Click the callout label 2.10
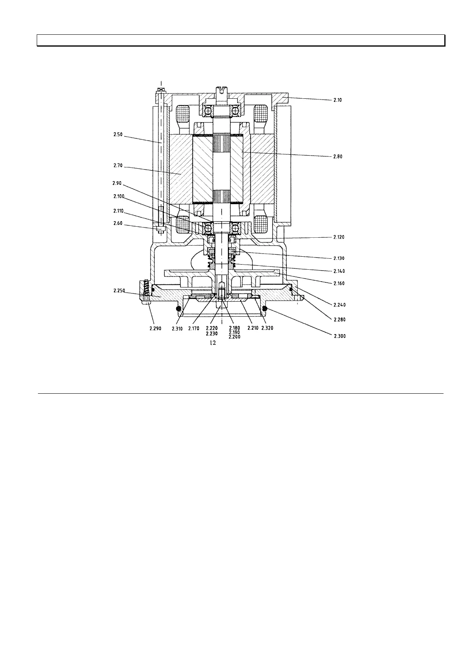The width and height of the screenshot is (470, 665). point(337,100)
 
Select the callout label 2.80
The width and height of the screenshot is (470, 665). point(337,156)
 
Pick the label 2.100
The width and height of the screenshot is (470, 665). point(118,196)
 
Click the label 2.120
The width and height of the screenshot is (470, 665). point(338,237)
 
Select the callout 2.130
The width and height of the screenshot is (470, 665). point(338,258)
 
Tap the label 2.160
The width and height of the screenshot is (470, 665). point(338,284)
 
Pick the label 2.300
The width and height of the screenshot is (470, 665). point(338,336)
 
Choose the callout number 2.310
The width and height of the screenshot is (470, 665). point(177,328)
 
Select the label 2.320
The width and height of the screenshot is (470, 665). point(267,328)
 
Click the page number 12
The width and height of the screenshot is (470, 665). point(212,344)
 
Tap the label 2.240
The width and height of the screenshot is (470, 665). point(338,305)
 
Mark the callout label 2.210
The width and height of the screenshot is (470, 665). point(252,328)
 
